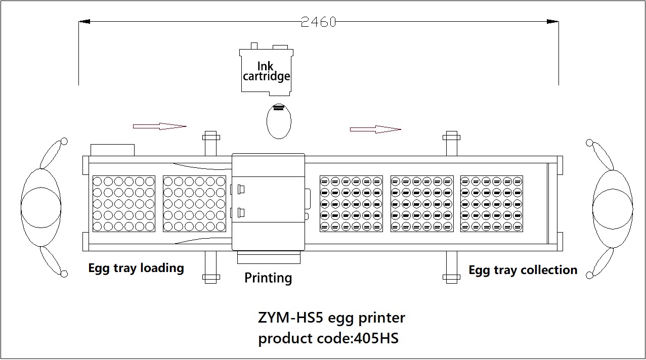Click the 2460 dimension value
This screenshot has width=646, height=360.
point(318,22)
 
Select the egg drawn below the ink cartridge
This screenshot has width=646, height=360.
point(279,121)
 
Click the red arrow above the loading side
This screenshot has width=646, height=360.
point(159,126)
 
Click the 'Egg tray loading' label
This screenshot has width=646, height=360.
point(136,268)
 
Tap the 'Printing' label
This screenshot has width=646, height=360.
point(268,278)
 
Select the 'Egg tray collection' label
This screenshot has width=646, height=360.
point(523,270)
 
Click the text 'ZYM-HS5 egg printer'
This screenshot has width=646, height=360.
point(331,318)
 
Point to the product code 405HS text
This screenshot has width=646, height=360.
point(328,338)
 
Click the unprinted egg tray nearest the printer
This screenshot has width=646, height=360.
point(194,204)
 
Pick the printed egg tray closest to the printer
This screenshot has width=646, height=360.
point(351,204)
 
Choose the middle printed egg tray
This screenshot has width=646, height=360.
point(421,204)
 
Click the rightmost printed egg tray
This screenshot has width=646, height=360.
point(491,204)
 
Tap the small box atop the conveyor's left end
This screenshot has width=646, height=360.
point(112,150)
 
